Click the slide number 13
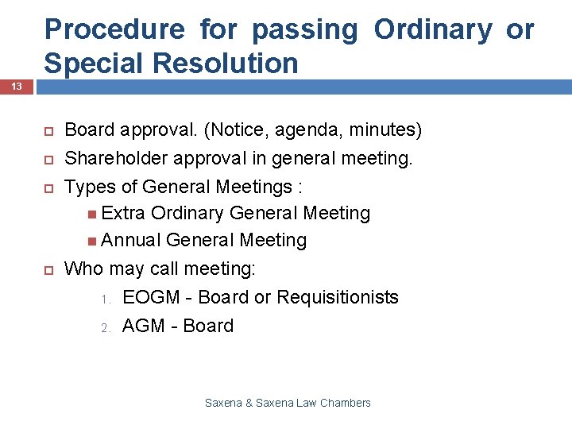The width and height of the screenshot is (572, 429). (x=16, y=86)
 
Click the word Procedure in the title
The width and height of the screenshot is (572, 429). (x=114, y=29)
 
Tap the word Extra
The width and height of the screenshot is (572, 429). (x=123, y=213)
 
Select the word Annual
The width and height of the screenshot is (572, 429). (x=131, y=240)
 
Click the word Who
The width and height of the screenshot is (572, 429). (x=83, y=269)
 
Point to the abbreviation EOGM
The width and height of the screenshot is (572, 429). (x=150, y=297)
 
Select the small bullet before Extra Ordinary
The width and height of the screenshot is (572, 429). (x=95, y=214)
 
